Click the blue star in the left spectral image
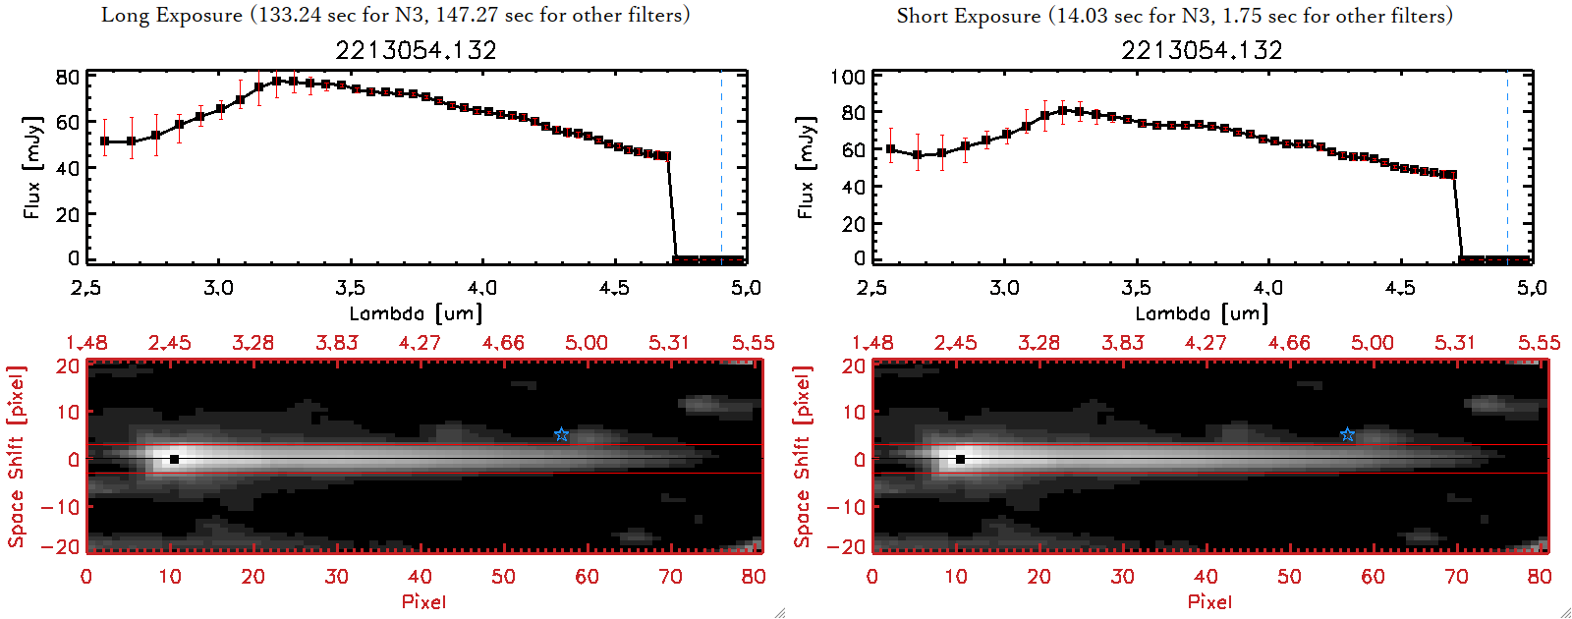click(x=561, y=434)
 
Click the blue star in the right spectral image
click(x=1347, y=434)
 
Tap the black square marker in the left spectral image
click(x=174, y=459)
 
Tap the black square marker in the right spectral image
click(x=960, y=459)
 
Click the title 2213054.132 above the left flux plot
click(x=416, y=50)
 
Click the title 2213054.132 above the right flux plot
click(x=1202, y=50)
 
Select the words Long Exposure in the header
click(x=172, y=15)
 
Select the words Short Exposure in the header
click(x=968, y=16)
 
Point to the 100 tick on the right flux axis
click(x=848, y=77)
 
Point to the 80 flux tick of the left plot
click(x=68, y=77)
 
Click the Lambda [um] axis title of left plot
click(x=416, y=313)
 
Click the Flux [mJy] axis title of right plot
click(x=807, y=168)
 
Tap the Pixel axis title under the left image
click(x=423, y=601)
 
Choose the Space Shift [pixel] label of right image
click(x=803, y=457)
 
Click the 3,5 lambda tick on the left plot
click(x=350, y=288)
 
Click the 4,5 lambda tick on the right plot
click(x=1400, y=288)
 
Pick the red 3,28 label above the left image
click(x=253, y=343)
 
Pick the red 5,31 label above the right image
click(x=1455, y=343)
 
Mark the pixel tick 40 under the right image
click(x=1206, y=577)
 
